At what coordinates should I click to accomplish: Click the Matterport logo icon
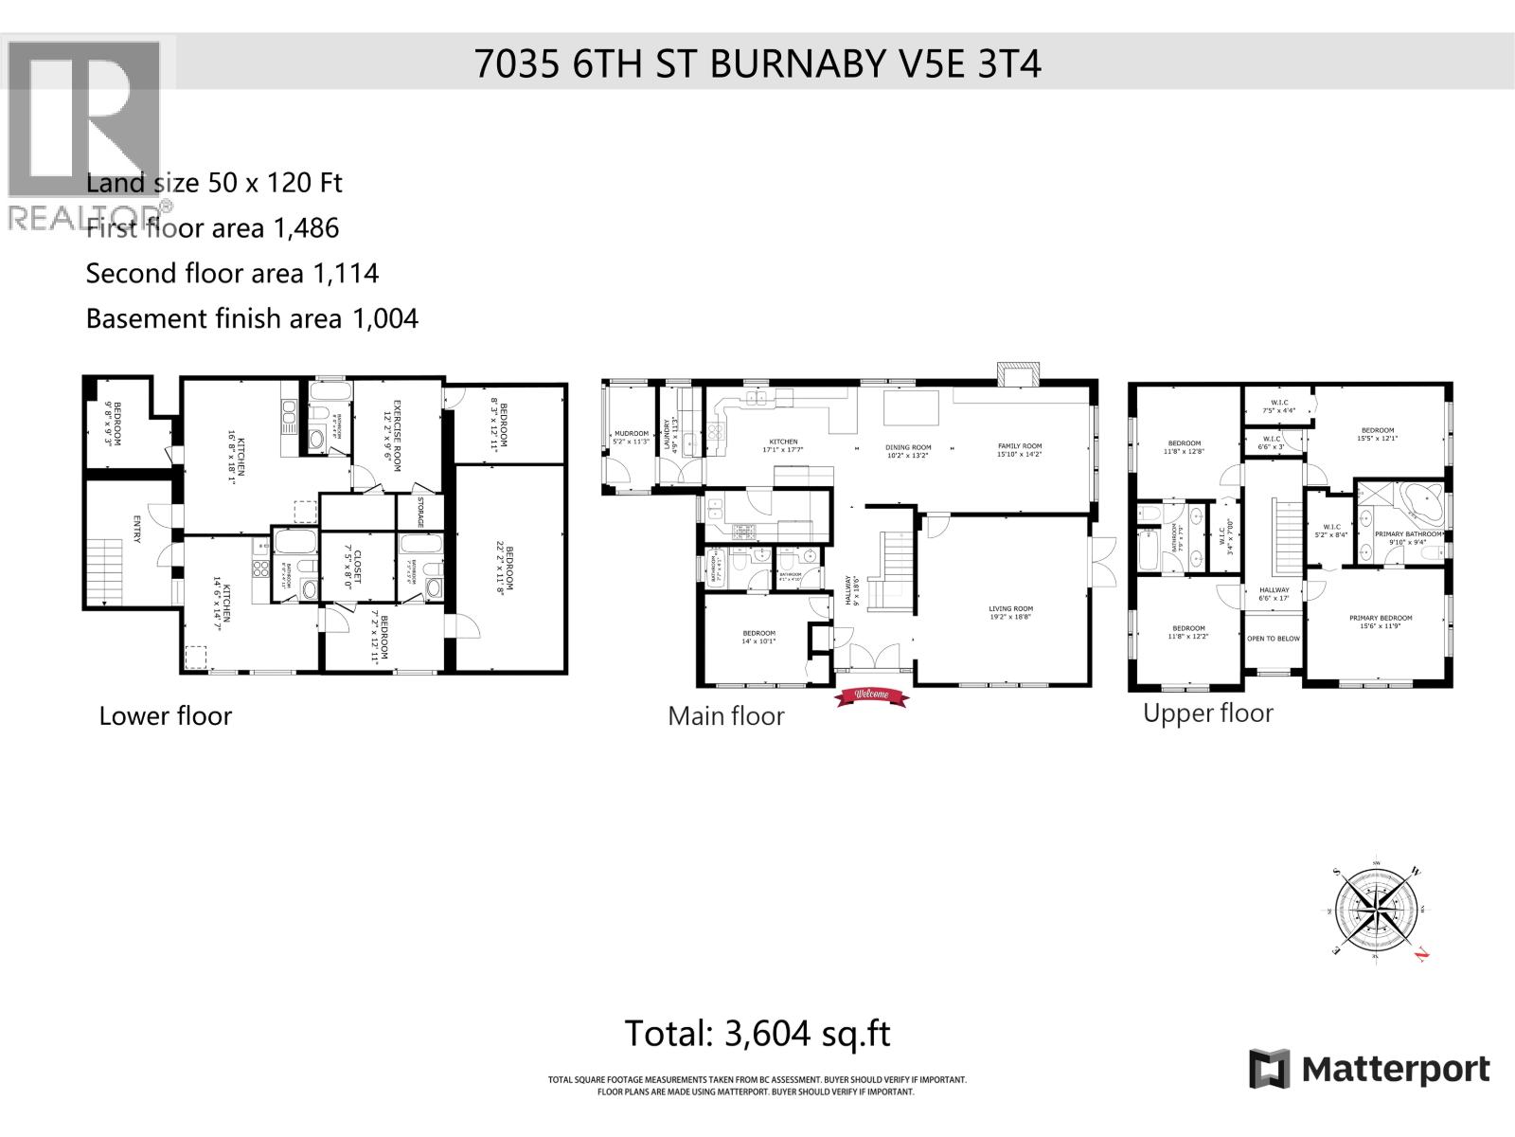[x=1270, y=1069]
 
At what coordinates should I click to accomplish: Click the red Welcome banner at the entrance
[x=870, y=696]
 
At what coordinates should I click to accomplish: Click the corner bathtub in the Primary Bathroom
[x=1418, y=502]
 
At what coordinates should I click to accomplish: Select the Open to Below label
[x=1274, y=639]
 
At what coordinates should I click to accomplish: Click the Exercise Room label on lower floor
[x=391, y=422]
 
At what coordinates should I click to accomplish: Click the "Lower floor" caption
[x=166, y=715]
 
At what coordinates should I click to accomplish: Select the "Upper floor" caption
[x=1207, y=713]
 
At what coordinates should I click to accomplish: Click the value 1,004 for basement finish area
[x=384, y=318]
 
